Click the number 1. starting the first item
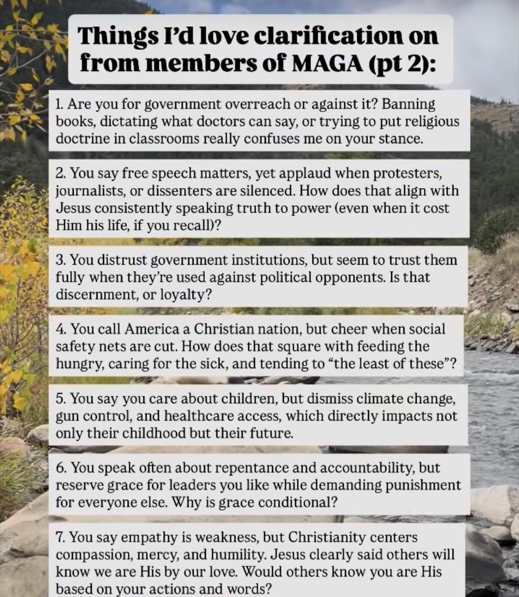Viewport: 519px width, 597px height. click(60, 104)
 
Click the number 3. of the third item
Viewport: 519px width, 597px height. click(61, 260)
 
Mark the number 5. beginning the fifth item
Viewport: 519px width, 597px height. click(61, 399)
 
